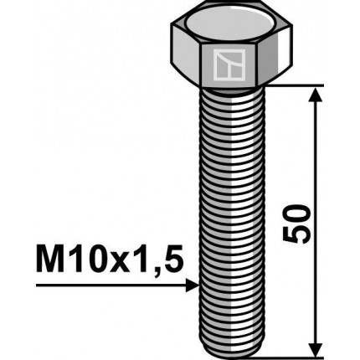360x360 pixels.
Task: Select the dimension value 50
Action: [x=298, y=221]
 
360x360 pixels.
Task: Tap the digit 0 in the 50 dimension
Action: [x=298, y=208]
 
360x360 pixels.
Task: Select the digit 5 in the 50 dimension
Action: [x=298, y=234]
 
